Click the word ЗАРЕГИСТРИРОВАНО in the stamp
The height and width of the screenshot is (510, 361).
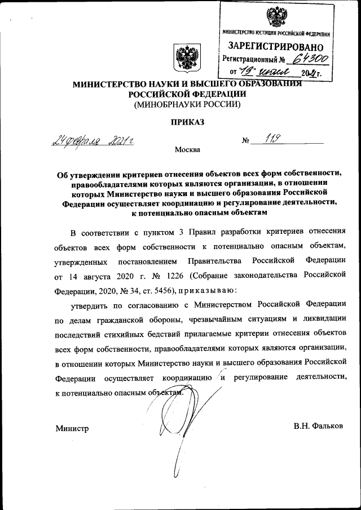[276, 47]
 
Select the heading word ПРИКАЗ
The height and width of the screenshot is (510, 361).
[186, 122]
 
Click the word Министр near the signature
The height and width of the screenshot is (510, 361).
[72, 429]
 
